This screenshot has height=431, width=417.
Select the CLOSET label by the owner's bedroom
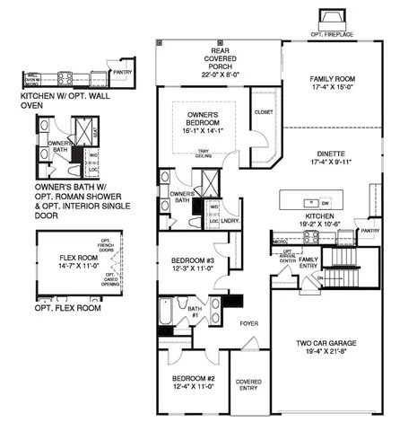tap(263, 113)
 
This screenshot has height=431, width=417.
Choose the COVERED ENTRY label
tap(248, 385)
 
